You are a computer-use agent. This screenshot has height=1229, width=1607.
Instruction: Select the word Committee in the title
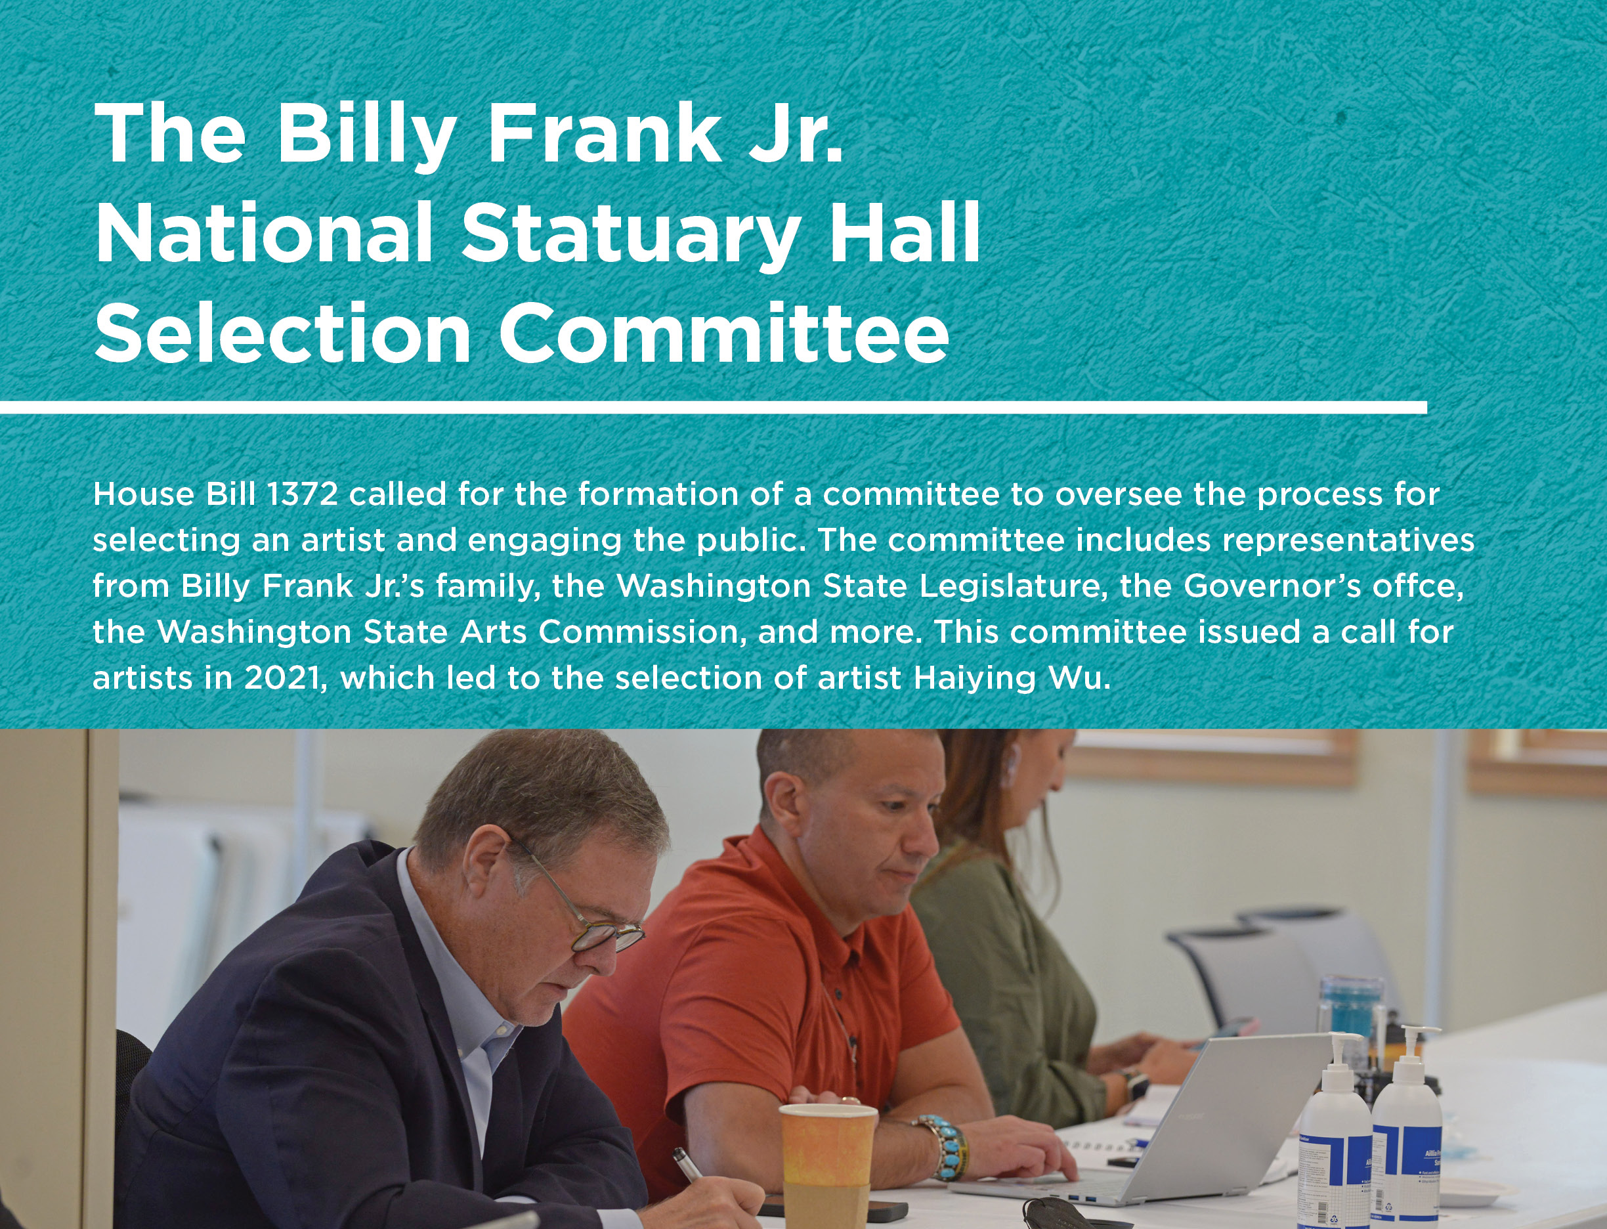[723, 334]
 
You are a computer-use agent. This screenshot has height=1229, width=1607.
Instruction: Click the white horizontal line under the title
[713, 407]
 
